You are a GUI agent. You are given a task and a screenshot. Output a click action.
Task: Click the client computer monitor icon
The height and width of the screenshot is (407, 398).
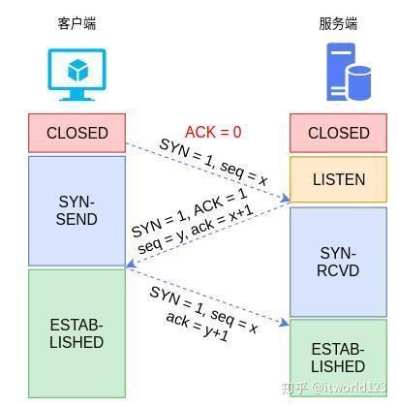click(77, 75)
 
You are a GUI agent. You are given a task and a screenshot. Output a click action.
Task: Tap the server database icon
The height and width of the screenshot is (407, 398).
click(349, 72)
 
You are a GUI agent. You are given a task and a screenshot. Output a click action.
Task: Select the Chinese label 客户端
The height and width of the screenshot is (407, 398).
click(77, 23)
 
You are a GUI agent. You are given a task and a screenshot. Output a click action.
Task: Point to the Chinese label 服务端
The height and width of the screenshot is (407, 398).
click(338, 23)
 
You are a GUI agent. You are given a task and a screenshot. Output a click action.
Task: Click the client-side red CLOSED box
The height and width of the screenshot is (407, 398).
click(77, 133)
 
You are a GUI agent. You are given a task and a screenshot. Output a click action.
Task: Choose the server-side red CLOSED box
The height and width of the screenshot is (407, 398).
click(338, 133)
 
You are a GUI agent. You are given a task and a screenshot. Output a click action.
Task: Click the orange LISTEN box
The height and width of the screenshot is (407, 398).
click(338, 179)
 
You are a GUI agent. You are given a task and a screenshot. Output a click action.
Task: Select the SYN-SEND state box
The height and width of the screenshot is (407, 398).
click(77, 211)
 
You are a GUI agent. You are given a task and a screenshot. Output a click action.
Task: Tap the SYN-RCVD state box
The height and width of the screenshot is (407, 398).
click(338, 262)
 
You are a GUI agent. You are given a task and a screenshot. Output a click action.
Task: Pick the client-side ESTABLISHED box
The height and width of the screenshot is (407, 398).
click(77, 333)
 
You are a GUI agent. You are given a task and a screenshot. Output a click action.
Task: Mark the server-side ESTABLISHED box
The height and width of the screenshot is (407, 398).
click(338, 358)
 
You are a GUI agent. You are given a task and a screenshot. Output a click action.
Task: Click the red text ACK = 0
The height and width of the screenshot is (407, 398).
click(213, 132)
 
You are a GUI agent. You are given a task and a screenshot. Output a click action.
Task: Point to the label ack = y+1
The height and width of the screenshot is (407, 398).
click(198, 327)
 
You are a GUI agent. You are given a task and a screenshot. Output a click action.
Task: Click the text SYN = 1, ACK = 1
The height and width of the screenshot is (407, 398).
click(190, 211)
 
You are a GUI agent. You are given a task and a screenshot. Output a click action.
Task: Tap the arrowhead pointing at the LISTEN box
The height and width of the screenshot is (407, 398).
click(285, 199)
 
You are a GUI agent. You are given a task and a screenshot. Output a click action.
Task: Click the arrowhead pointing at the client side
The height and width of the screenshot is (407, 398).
click(131, 264)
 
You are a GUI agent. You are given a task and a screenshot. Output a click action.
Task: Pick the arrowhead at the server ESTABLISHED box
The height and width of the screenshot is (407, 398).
click(285, 322)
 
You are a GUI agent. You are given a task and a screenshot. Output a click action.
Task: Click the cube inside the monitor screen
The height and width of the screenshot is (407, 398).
click(77, 70)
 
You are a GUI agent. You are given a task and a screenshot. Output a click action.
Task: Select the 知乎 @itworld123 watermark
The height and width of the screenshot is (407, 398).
click(334, 388)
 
